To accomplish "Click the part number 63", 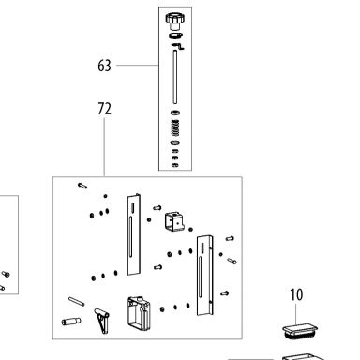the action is point(104,66).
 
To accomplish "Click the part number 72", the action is point(104,109).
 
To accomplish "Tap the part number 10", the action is point(296,294).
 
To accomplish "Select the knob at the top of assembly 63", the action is point(174,22).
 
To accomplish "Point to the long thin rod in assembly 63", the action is point(175,77).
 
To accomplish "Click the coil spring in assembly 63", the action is point(175,127).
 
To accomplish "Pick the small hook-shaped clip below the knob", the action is point(178,46).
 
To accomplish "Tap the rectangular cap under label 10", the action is point(299,331).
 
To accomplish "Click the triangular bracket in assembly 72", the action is point(102,320).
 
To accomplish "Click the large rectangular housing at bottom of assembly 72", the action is point(139,313).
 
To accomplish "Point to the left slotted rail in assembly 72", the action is point(133,234).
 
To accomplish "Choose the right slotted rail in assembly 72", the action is point(205,276).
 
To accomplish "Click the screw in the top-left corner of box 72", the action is point(82,186).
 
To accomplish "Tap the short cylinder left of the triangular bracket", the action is point(71,322).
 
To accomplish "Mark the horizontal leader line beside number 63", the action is point(138,65).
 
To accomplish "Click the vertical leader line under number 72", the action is point(104,147).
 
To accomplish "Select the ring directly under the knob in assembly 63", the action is point(176,36).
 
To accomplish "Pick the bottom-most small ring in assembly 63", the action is point(175,165).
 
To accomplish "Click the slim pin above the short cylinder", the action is point(76,302).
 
